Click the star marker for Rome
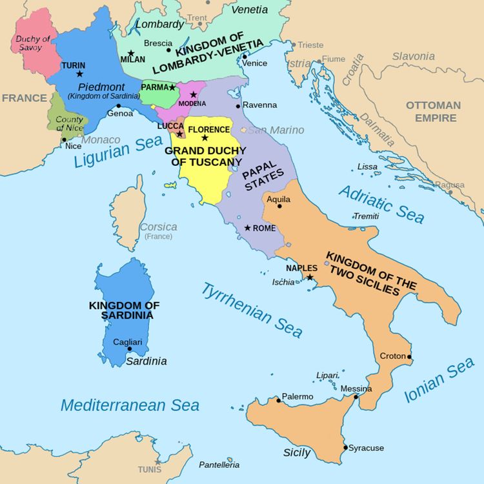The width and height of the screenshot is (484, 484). pos(247,228)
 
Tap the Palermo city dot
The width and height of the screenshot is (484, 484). pos(279,401)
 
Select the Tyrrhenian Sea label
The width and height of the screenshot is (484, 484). pos(252,310)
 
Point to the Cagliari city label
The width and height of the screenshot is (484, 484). pos(123,342)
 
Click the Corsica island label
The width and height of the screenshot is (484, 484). pos(159,227)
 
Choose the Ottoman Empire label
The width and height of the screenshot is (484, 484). pos(433,111)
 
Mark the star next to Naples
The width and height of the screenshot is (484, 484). pos(310,277)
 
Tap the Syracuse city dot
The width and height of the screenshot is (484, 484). pos(346,447)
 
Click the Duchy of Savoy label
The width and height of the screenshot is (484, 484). pos(32,43)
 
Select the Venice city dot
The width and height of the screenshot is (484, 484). pos(244,56)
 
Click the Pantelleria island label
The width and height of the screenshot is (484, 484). pos(219,465)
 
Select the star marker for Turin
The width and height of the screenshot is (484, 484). pos(79,74)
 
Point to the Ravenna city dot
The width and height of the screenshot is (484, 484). pos(238,106)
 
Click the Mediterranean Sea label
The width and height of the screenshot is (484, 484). pos(130,405)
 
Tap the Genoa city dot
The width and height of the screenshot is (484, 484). pos(119,106)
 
